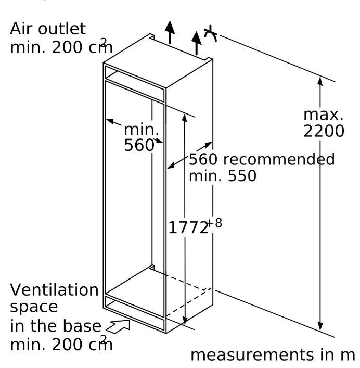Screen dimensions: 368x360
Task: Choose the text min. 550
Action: (222, 176)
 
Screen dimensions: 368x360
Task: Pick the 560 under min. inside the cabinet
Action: (139, 146)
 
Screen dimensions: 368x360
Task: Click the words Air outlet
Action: (48, 28)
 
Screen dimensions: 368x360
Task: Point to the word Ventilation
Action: (54, 289)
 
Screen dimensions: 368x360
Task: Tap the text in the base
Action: (55, 326)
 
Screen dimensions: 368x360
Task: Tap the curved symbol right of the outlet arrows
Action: (211, 32)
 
